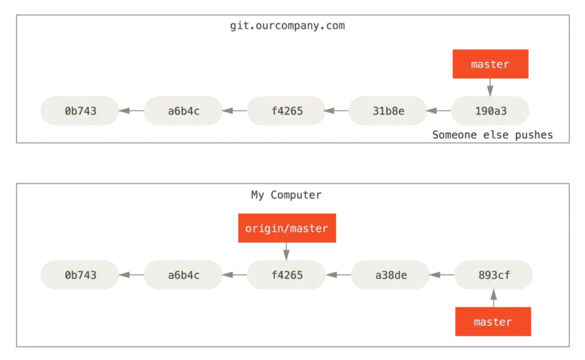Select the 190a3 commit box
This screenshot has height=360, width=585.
click(x=491, y=111)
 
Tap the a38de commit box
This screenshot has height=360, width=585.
click(x=390, y=275)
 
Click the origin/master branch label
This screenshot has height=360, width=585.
click(x=287, y=228)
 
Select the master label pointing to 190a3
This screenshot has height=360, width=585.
click(x=490, y=64)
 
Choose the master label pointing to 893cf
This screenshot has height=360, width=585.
click(x=492, y=321)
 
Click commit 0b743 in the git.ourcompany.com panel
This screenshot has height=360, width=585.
click(x=80, y=111)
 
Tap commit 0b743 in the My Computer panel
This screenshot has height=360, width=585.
click(x=80, y=275)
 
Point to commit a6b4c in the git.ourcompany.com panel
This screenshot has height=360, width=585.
click(x=184, y=111)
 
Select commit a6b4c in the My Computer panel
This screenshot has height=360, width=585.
click(x=184, y=275)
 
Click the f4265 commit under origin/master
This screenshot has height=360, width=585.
click(x=287, y=275)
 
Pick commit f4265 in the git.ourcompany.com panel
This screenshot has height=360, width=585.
click(x=287, y=111)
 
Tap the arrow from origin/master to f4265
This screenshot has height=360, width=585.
click(x=287, y=252)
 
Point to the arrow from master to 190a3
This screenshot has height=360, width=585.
click(x=490, y=88)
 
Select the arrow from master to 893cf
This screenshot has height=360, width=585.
click(x=493, y=298)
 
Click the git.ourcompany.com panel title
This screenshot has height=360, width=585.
click(x=286, y=26)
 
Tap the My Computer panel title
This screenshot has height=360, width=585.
click(x=286, y=195)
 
